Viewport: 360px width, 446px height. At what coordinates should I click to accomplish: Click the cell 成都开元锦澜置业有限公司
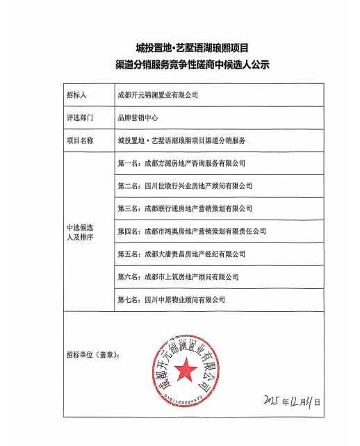(158, 95)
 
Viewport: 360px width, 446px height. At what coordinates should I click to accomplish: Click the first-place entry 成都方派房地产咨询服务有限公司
(182, 163)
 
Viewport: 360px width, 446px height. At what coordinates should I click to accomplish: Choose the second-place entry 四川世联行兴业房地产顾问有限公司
(185, 186)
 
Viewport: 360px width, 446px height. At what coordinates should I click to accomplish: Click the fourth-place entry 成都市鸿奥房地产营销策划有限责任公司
(192, 231)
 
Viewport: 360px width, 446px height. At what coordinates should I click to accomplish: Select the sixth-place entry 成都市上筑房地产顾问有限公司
(179, 277)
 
